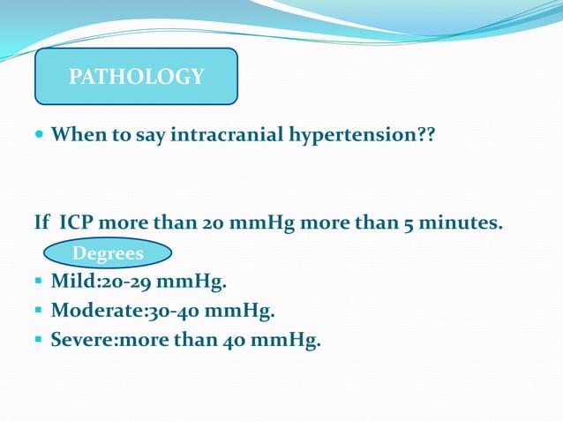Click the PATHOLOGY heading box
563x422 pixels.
click(x=136, y=77)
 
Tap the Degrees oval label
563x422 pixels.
click(x=108, y=254)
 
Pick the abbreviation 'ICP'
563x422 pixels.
click(x=81, y=222)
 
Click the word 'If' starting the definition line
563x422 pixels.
click(x=42, y=222)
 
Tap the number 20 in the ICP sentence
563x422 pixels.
click(x=212, y=222)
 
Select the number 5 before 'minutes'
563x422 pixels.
click(x=409, y=222)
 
